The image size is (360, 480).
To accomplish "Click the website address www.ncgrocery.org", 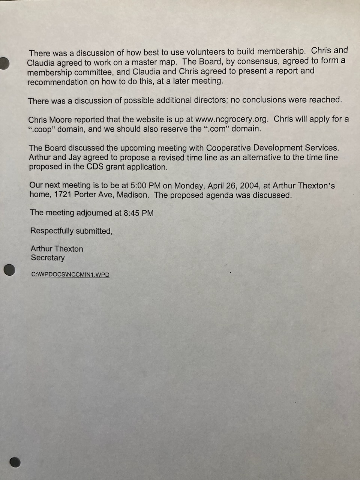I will pyautogui.click(x=232, y=119).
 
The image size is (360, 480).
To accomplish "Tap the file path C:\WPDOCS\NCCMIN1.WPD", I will pyautogui.click(x=70, y=274).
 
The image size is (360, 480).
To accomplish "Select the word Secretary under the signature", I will pyautogui.click(x=48, y=258).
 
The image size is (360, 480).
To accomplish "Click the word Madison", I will pyautogui.click(x=133, y=195).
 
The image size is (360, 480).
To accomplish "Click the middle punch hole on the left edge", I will pyautogui.click(x=9, y=270).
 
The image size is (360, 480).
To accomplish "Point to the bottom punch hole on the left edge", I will pyautogui.click(x=15, y=462).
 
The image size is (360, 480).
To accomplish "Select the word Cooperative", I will pyautogui.click(x=228, y=148).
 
